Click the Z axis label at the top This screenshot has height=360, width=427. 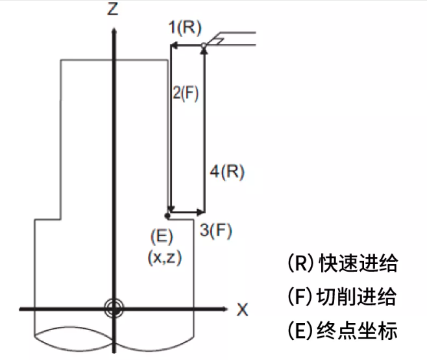click(x=114, y=9)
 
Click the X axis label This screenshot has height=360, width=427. click(x=243, y=309)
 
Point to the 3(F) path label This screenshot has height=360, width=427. click(x=216, y=230)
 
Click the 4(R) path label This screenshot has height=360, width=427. click(x=228, y=172)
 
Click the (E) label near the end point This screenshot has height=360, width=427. click(x=160, y=235)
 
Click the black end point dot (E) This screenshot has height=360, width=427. click(x=168, y=215)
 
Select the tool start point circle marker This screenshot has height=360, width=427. click(x=204, y=45)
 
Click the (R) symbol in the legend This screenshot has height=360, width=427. click(x=300, y=264)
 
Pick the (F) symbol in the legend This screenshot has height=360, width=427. click(x=300, y=298)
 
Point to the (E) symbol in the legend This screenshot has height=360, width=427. click(x=300, y=331)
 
